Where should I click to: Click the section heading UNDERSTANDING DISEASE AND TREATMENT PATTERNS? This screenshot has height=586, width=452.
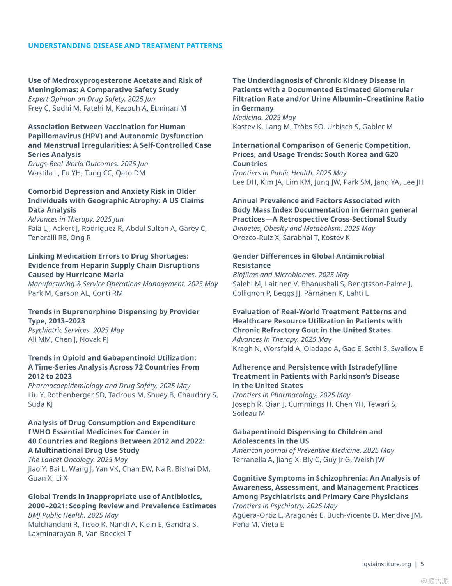(x=125, y=46)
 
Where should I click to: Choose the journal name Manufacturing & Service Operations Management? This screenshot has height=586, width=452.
(x=106, y=284)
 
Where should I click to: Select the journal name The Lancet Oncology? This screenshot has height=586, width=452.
(x=61, y=460)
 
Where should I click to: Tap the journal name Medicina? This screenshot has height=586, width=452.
(x=247, y=118)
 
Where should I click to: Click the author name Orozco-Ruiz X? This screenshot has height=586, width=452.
(x=255, y=238)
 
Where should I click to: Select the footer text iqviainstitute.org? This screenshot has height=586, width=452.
(x=386, y=564)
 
